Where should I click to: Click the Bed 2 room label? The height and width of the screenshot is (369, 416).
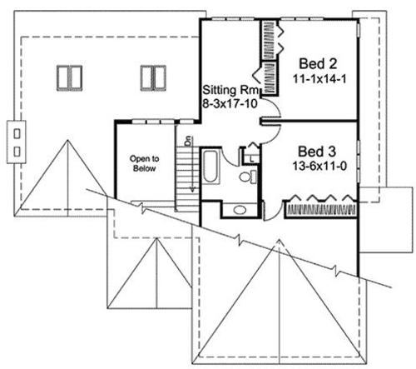click(x=318, y=63)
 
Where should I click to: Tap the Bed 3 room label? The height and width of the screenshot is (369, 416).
click(x=317, y=152)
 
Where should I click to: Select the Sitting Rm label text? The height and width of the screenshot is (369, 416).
click(x=231, y=90)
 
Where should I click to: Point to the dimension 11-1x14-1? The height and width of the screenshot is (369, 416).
click(x=319, y=79)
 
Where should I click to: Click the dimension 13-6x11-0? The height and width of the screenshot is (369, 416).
click(x=319, y=167)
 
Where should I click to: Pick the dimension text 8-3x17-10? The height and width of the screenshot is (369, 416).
click(x=230, y=103)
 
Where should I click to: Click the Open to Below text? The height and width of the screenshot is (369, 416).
click(x=144, y=163)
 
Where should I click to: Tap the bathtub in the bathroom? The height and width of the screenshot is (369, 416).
click(x=211, y=166)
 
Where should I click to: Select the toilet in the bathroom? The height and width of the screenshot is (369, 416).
click(x=248, y=177)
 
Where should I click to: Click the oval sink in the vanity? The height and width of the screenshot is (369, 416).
click(x=240, y=210)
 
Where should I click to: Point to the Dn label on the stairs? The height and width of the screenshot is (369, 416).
click(x=189, y=141)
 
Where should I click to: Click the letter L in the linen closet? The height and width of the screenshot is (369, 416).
click(x=251, y=159)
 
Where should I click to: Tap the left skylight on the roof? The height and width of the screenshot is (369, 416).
click(x=69, y=78)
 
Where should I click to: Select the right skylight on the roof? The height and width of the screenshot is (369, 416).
click(x=153, y=78)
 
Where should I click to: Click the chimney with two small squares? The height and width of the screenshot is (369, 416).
click(x=17, y=142)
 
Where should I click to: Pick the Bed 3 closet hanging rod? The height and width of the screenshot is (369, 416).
click(x=320, y=210)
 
